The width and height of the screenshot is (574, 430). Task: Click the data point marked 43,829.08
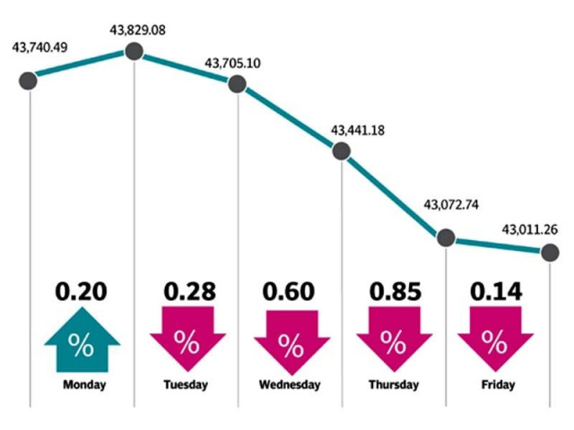pos(134,51)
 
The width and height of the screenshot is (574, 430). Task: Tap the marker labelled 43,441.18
pos(342,150)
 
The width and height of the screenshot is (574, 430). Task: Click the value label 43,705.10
pos(236,64)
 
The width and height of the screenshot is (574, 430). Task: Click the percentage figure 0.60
pos(289,292)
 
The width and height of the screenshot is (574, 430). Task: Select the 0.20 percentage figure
pos(81,292)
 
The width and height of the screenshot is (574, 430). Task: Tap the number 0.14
pos(494,292)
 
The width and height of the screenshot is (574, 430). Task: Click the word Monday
pos(85,386)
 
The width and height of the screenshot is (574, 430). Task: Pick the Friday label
pos(494,386)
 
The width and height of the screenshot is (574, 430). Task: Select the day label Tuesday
pos(187,386)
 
